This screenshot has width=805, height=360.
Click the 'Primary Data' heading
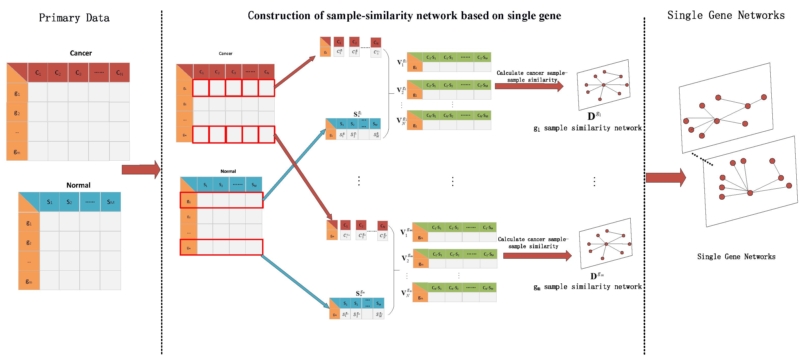(74, 18)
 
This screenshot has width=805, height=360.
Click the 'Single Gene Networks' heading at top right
(726, 15)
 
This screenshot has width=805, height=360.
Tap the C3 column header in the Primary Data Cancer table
(78, 73)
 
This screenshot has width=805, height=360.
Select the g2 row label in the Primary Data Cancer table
(17, 113)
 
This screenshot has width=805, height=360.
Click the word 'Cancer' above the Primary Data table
(81, 53)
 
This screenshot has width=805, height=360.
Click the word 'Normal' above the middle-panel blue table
(228, 171)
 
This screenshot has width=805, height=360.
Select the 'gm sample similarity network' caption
(587, 287)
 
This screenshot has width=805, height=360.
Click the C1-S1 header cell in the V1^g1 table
(431, 58)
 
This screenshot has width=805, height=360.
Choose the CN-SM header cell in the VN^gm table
(487, 288)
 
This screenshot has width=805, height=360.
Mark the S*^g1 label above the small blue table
(357, 114)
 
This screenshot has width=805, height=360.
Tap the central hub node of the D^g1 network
(603, 85)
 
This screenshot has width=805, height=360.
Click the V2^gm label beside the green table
(406, 258)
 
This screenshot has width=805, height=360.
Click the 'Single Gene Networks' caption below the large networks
(736, 257)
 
